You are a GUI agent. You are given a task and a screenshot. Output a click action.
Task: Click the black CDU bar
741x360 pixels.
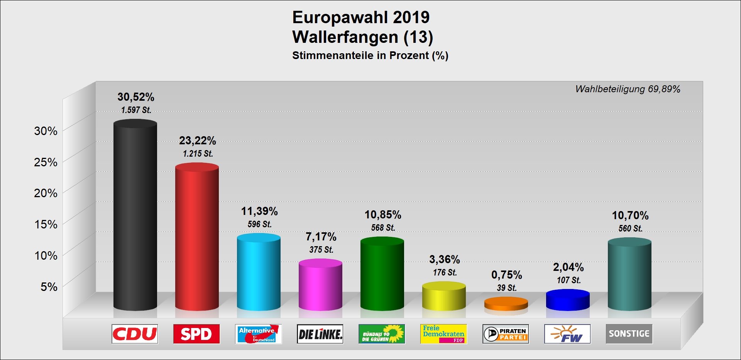click(x=135, y=216)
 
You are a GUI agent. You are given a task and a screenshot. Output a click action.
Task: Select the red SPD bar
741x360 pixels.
click(x=197, y=237)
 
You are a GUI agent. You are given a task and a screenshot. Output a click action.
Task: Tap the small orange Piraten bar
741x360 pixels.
click(x=506, y=304)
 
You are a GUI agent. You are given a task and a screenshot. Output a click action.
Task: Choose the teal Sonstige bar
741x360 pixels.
click(x=629, y=274)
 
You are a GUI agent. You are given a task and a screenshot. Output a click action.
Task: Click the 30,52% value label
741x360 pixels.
click(x=136, y=97)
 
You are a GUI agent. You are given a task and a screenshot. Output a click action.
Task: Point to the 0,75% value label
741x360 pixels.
click(x=506, y=275)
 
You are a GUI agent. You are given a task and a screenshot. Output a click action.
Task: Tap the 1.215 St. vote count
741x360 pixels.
click(x=198, y=154)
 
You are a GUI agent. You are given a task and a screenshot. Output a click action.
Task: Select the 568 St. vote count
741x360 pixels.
click(x=383, y=228)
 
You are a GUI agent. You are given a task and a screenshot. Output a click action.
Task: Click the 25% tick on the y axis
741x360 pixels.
click(x=46, y=162)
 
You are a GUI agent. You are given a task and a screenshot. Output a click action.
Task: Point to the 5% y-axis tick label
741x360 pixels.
click(x=49, y=287)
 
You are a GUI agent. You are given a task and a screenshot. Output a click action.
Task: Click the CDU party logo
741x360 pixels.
click(x=135, y=334)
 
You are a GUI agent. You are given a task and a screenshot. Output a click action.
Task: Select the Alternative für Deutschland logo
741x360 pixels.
click(x=258, y=334)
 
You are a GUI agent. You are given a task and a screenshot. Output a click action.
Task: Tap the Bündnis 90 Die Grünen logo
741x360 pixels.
click(x=382, y=334)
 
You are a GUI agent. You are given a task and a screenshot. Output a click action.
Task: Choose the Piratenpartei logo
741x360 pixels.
click(x=506, y=334)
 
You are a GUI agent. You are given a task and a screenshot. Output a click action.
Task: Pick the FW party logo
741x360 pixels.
click(x=567, y=334)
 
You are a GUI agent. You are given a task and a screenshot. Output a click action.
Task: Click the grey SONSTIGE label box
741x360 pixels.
click(x=629, y=334)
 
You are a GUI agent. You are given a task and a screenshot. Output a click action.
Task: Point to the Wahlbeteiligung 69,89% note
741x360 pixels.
click(x=628, y=89)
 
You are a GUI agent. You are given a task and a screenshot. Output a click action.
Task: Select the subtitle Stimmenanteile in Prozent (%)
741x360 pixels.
click(x=370, y=56)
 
